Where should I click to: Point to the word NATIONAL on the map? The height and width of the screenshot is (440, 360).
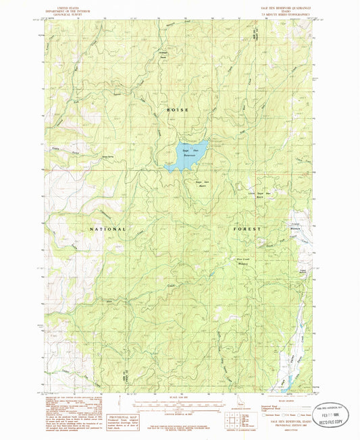[108, 229]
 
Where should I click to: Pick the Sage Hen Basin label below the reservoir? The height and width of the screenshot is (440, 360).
[201, 184]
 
